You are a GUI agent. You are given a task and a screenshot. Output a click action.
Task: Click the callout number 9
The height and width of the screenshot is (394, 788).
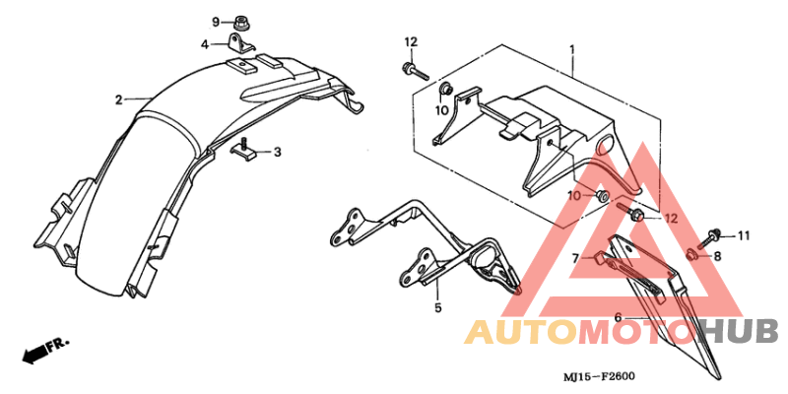tap(216, 22)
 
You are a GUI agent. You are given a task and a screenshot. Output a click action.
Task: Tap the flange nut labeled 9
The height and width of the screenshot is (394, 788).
tap(243, 23)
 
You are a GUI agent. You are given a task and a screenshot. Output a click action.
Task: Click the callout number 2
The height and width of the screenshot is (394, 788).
tap(118, 100)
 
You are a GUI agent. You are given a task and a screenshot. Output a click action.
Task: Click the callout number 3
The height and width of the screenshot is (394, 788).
tap(278, 152)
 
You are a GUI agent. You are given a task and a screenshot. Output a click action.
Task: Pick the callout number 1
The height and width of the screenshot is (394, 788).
tap(572, 50)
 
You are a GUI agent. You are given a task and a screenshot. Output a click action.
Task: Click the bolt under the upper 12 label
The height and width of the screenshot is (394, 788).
tap(415, 71)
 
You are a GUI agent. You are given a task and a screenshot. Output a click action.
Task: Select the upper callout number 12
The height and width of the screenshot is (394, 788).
tap(411, 41)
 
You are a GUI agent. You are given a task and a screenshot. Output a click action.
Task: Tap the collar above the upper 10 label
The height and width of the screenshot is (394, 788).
tap(446, 90)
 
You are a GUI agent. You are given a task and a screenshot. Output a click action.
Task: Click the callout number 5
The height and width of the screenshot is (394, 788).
tap(437, 307)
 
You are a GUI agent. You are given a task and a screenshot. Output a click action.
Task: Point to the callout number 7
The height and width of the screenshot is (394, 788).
tap(576, 258)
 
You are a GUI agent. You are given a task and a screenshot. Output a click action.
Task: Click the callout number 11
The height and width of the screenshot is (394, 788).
tap(744, 235)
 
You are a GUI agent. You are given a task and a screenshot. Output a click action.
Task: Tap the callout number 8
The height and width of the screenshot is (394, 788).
tap(718, 257)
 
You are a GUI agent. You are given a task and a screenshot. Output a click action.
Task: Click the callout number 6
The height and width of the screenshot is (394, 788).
tap(619, 317)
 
